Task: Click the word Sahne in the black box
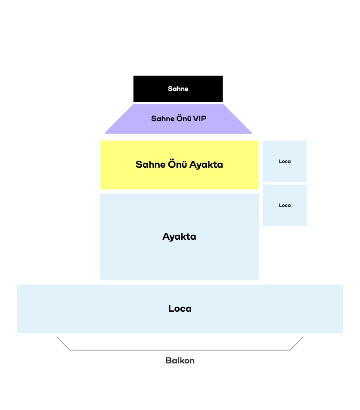click(x=178, y=89)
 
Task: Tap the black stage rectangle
click(x=178, y=89)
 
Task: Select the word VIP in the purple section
click(x=200, y=119)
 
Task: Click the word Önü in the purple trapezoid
click(x=183, y=118)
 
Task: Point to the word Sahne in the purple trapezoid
click(x=162, y=119)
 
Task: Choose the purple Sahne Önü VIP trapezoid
click(x=178, y=119)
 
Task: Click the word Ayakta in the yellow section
click(x=206, y=164)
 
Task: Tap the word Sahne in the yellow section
click(x=150, y=164)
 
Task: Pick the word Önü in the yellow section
click(x=177, y=164)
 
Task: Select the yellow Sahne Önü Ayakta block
click(x=179, y=165)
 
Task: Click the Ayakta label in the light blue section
click(x=179, y=237)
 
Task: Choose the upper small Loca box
click(x=285, y=161)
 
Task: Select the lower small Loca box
click(x=285, y=205)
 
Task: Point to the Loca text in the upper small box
click(x=285, y=161)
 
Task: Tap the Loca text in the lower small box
click(x=285, y=205)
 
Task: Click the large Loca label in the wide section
click(x=180, y=309)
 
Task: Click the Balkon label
click(x=180, y=360)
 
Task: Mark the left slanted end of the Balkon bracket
click(x=57, y=337)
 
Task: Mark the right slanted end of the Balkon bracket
click(x=303, y=337)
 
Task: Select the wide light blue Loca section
click(x=180, y=309)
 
